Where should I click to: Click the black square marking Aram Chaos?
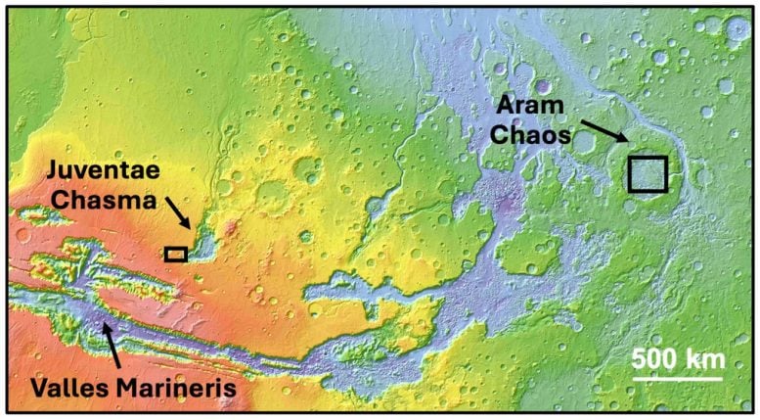pyautogui.click(x=647, y=173)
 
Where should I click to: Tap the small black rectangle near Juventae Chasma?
pyautogui.click(x=176, y=254)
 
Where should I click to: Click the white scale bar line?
pyautogui.click(x=676, y=377)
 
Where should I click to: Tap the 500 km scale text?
pyautogui.click(x=676, y=357)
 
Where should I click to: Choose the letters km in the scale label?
pyautogui.click(x=704, y=357)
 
